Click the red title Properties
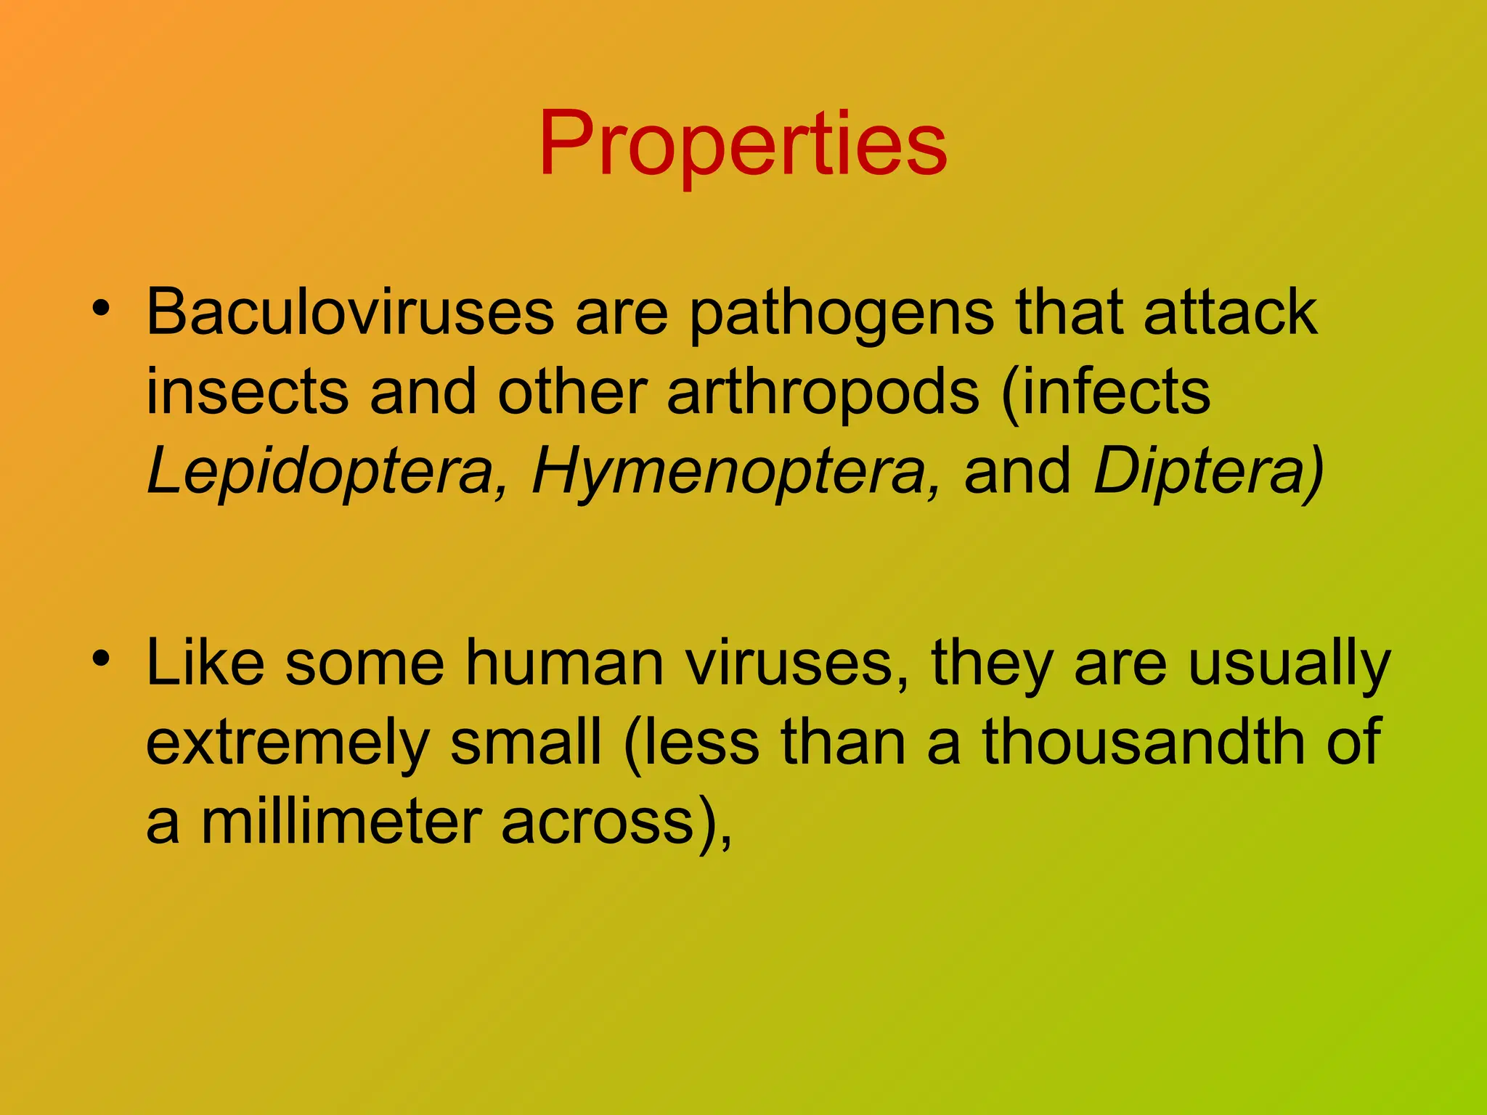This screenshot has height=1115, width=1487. click(x=742, y=143)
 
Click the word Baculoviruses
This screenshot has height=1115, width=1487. click(x=350, y=312)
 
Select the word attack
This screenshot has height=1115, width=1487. click(x=1230, y=312)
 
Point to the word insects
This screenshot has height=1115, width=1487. click(x=247, y=392)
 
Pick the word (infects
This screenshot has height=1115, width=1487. click(x=1105, y=392)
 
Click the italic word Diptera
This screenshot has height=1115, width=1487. click(x=1205, y=472)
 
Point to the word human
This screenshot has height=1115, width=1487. click(x=564, y=663)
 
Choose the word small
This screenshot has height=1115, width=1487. click(x=526, y=742)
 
